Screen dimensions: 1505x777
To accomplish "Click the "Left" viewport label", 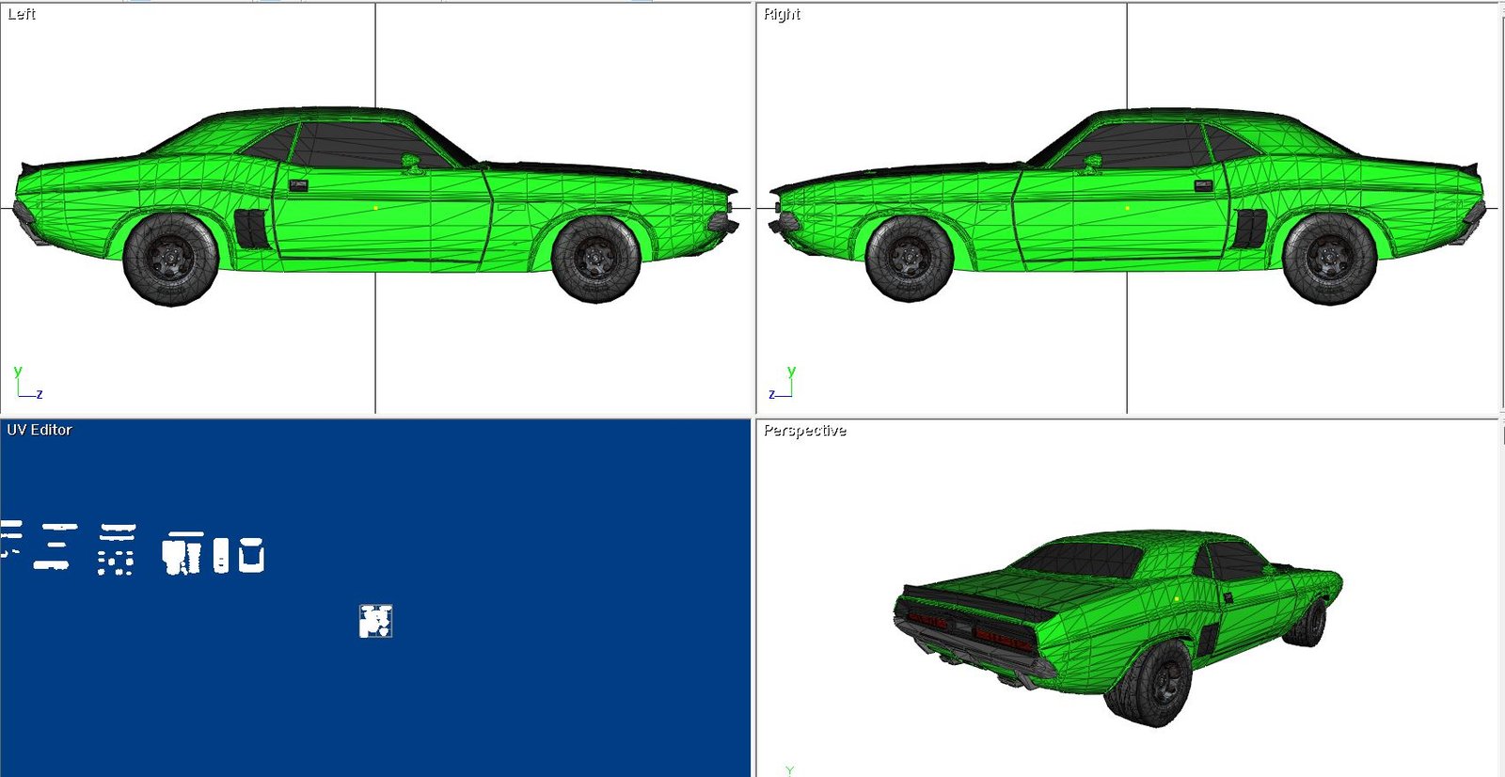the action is coord(22,14).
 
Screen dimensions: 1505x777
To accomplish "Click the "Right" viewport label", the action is coord(782,14).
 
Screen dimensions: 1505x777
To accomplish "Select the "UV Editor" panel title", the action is coord(39,430).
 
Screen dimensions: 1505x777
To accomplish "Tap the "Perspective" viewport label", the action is coord(805,431).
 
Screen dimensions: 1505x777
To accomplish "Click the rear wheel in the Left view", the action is coord(170,260).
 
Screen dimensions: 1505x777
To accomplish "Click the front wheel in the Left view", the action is coord(595,259).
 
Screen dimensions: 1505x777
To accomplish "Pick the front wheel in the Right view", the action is coord(909,259).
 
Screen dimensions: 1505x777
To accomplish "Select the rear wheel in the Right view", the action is coord(1330,260).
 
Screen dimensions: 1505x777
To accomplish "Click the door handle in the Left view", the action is coord(298,185).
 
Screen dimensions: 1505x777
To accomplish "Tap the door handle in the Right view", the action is coord(1204,185).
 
